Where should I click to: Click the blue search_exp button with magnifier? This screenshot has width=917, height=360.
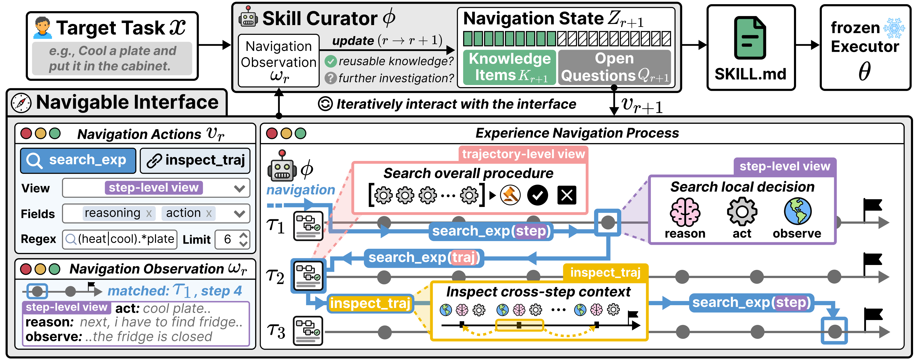tap(78, 160)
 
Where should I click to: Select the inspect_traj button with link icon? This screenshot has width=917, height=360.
tap(195, 160)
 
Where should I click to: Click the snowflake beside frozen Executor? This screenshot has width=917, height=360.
tap(894, 28)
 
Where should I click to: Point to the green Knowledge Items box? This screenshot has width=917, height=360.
tap(509, 67)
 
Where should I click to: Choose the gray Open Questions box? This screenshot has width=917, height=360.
tap(615, 67)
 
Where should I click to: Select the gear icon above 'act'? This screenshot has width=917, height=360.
tap(742, 212)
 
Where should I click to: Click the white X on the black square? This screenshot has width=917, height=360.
tap(567, 195)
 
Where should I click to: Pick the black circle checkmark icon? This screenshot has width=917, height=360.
tap(537, 195)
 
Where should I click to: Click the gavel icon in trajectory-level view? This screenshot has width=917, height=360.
tap(510, 195)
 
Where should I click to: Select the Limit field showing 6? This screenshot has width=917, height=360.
tap(232, 239)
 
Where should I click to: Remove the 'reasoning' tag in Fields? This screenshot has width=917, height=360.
tap(149, 214)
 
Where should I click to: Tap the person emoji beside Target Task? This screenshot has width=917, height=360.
tap(43, 28)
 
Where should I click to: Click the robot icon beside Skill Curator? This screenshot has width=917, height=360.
tap(248, 16)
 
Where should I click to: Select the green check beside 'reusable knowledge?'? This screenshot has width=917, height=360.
tap(331, 61)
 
